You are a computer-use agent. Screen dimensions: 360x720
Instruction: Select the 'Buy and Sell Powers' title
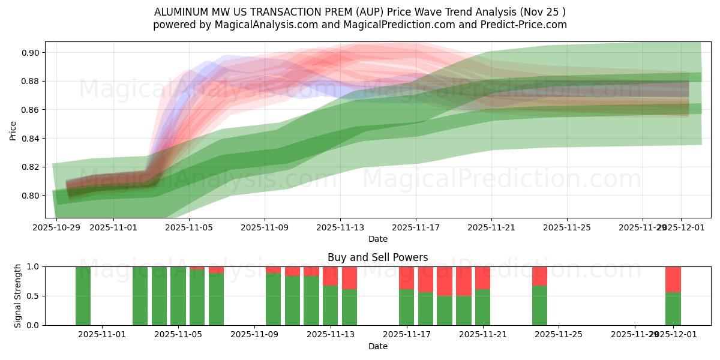pyautogui.click(x=378, y=257)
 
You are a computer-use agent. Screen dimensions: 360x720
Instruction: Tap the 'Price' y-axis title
pyautogui.click(x=13, y=130)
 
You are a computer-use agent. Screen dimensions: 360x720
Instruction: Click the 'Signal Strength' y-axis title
pyautogui.click(x=18, y=296)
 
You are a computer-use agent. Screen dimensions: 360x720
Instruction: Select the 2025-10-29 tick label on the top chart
pyautogui.click(x=56, y=227)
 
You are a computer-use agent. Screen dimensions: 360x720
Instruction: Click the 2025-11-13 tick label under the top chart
pyautogui.click(x=340, y=227)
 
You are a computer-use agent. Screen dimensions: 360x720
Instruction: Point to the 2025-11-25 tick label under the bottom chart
pyautogui.click(x=559, y=335)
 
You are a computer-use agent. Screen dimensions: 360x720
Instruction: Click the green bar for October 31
pyautogui.click(x=83, y=296)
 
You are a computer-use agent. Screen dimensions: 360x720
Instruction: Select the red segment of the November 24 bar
pyautogui.click(x=539, y=276)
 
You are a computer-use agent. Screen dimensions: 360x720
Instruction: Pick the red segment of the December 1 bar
pyautogui.click(x=673, y=279)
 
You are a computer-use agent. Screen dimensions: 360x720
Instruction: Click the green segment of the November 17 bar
pyautogui.click(x=406, y=307)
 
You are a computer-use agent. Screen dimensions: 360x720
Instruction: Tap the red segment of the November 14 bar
pyautogui.click(x=349, y=278)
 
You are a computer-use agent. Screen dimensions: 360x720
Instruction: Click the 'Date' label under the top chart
pyautogui.click(x=378, y=239)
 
